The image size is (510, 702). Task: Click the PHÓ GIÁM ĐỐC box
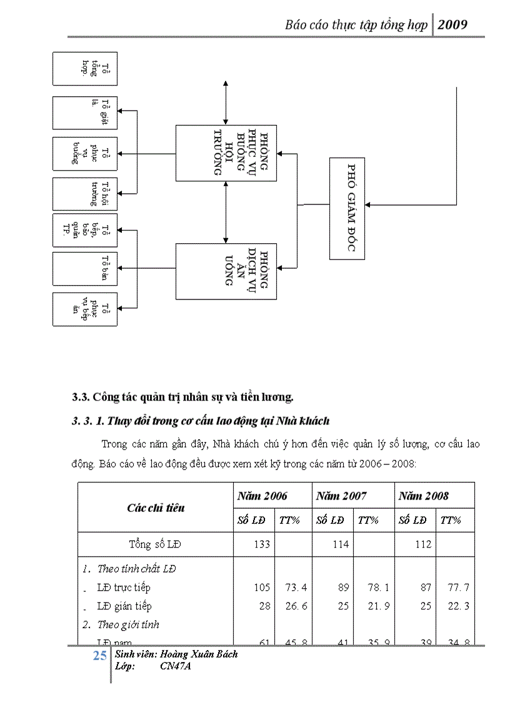[x=347, y=208]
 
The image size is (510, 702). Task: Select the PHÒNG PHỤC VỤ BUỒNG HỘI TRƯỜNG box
[x=226, y=153]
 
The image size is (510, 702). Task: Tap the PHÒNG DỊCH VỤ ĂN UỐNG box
[x=226, y=271]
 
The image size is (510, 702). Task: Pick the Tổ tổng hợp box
[x=85, y=68]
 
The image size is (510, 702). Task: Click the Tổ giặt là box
[x=85, y=113]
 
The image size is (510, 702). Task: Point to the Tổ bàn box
[x=85, y=268]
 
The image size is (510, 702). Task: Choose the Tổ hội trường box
[x=85, y=194]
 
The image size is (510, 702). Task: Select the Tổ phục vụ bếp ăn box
[x=85, y=309]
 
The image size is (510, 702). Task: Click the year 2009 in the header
[x=453, y=25]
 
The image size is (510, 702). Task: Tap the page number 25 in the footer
[x=99, y=656]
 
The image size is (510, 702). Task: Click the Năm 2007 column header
[x=341, y=496]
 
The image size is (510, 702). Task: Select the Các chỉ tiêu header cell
[x=156, y=508]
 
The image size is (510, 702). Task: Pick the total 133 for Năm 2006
[x=262, y=544]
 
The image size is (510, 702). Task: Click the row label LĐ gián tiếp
[x=124, y=606]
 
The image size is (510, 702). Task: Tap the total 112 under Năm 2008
[x=423, y=544]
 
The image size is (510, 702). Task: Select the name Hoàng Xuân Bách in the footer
[x=199, y=654]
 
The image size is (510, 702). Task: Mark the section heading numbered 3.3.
[x=182, y=397]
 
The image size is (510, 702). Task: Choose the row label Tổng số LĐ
[x=155, y=544]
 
